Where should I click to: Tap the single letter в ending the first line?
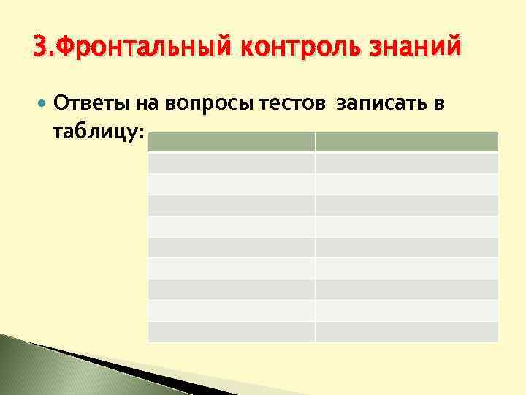pos(439,104)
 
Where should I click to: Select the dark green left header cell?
pos(232,142)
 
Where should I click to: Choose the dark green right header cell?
pos(406,142)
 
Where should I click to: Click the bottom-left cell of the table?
pos(232,332)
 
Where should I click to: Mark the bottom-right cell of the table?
pos(406,332)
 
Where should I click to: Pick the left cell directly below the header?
pos(232,162)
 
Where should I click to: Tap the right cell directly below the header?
pos(406,162)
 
